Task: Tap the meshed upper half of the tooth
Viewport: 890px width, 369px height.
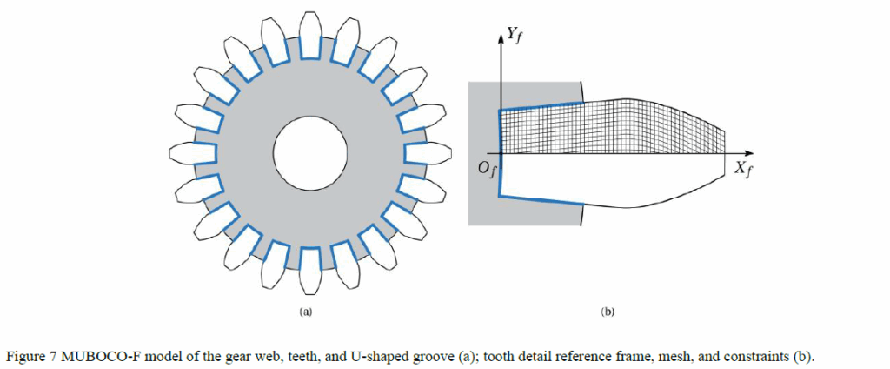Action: coord(608,126)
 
